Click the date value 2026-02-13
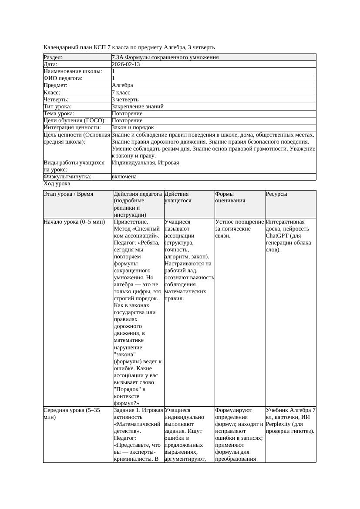125,64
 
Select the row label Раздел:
53,57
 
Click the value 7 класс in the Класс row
121,93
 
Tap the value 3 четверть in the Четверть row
125,100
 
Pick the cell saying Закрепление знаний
138,107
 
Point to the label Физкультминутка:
67,177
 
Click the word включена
124,177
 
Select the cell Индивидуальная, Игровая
145,163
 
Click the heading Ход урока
57,184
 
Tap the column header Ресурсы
276,194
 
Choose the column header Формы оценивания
230,197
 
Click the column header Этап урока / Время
68,194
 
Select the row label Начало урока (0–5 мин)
74,222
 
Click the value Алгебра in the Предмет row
122,86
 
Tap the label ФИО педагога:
63,78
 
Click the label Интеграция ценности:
72,127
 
